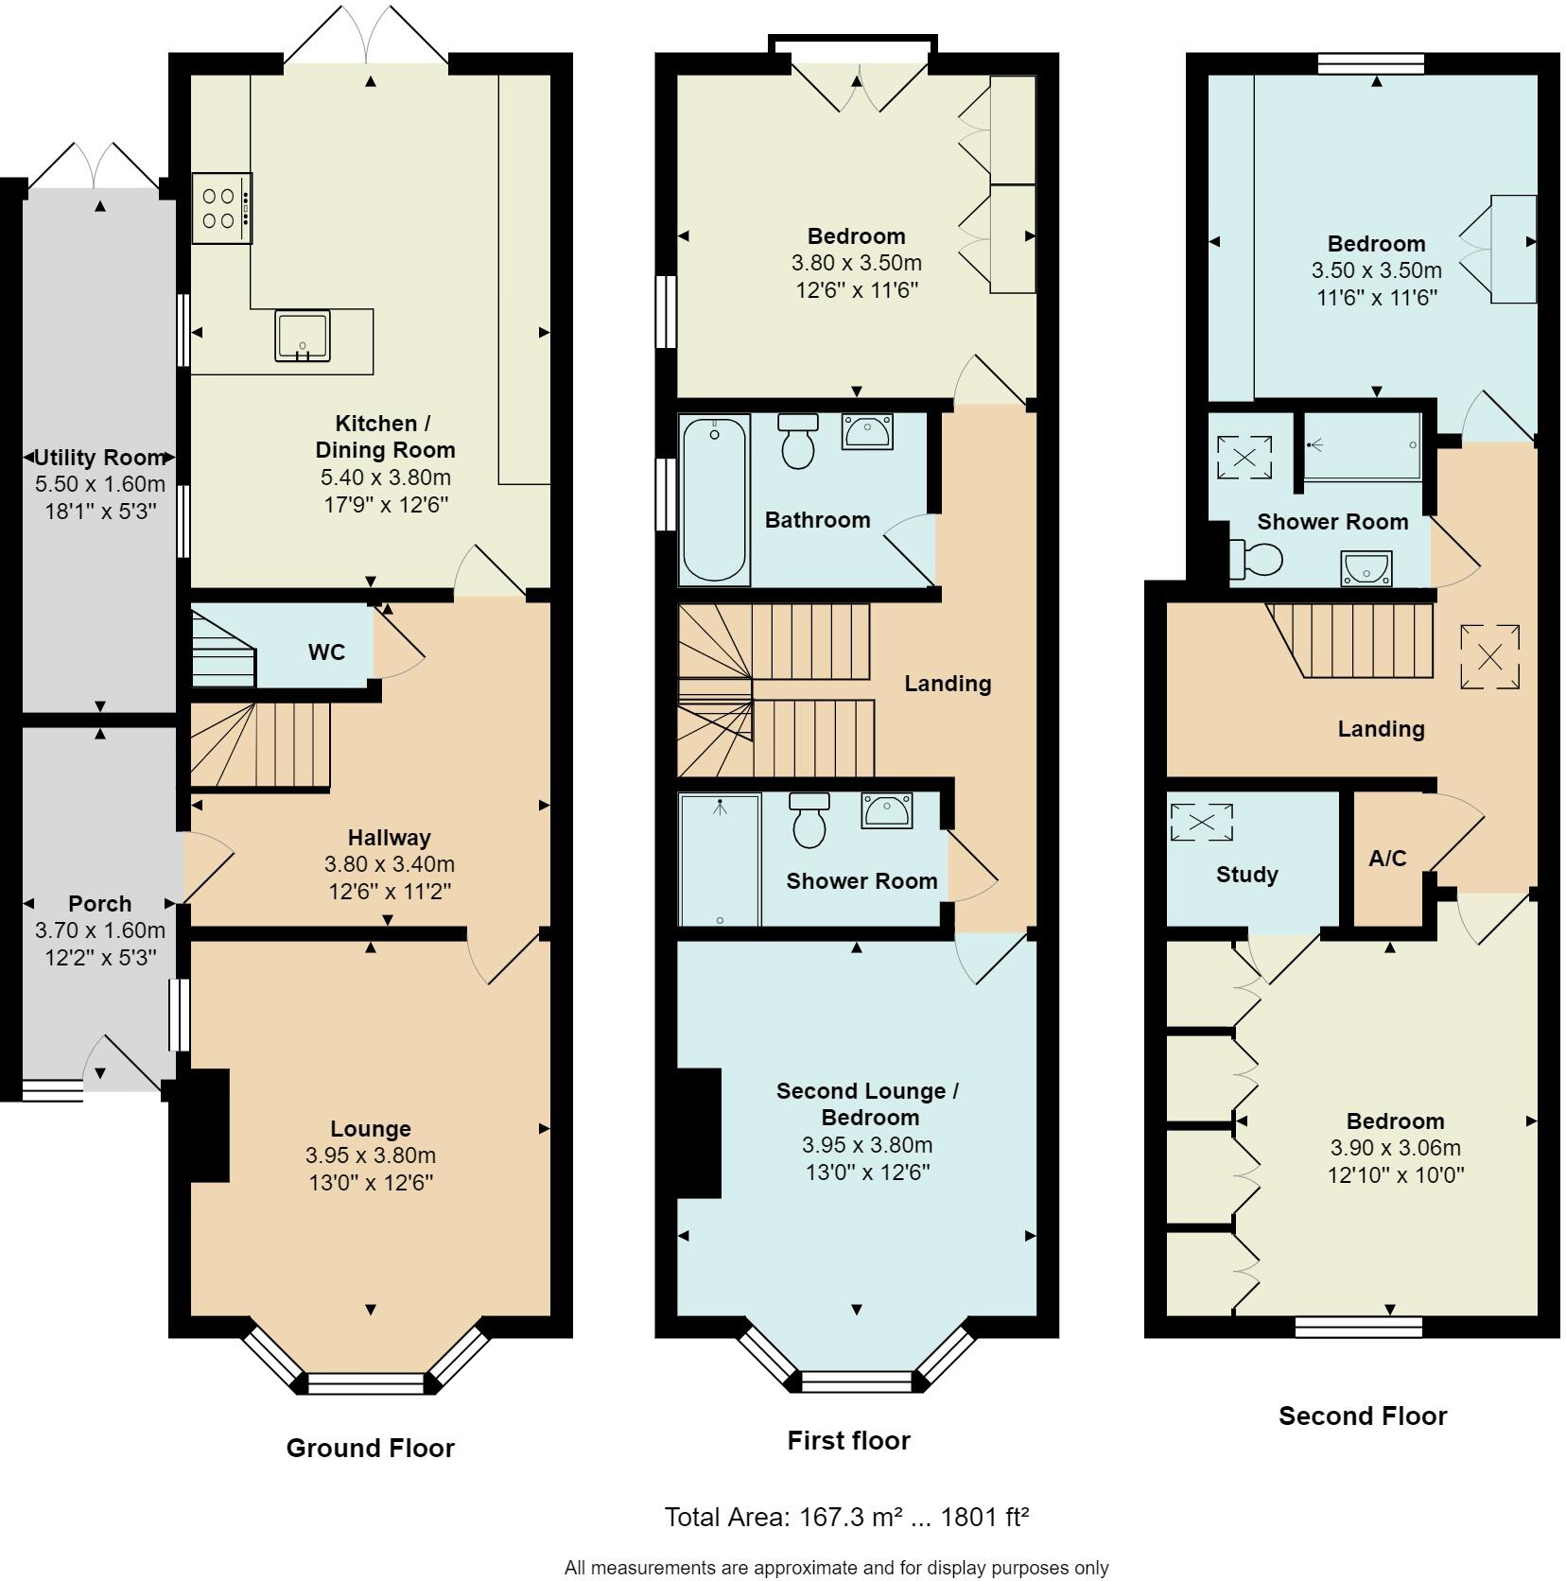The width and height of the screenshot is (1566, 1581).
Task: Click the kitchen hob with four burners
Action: point(221,208)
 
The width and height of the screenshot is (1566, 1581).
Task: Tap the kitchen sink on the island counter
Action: point(303,336)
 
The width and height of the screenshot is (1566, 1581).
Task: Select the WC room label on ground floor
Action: point(326,652)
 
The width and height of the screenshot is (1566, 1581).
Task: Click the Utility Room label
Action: point(99,458)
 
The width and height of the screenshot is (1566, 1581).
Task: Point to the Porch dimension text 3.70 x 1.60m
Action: point(99,930)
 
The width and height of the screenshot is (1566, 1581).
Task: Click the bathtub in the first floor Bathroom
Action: point(714,501)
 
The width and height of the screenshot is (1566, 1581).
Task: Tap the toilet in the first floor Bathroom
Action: point(798,442)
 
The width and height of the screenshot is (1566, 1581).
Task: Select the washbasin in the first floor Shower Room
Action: point(886,811)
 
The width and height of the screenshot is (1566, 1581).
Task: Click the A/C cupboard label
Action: point(1387,859)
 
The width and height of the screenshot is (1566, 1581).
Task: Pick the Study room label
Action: point(1246,875)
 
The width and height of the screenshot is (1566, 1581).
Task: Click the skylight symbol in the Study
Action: point(1201,822)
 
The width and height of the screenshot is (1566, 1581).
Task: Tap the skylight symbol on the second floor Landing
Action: point(1489,656)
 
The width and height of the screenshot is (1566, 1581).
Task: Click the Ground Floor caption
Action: point(370,1448)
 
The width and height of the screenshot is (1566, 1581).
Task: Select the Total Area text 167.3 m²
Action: point(845,1518)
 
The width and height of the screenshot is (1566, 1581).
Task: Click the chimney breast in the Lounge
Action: point(207,1125)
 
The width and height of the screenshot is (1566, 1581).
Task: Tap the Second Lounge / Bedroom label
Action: point(867,1103)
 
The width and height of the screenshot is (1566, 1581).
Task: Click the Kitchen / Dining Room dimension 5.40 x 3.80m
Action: point(385,478)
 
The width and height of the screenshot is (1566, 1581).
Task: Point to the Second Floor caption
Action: point(1362,1416)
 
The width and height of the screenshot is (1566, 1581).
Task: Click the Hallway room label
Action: point(389,837)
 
